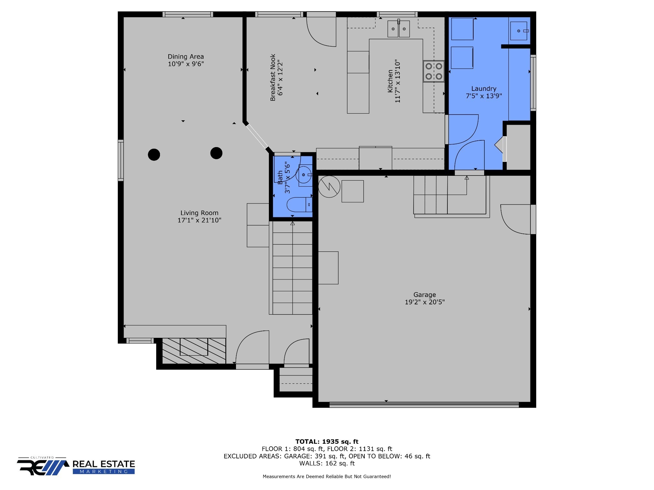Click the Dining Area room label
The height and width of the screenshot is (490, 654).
click(186, 56)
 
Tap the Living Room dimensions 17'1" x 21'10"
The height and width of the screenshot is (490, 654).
click(199, 220)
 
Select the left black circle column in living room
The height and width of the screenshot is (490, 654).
click(154, 155)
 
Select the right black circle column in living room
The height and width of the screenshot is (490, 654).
click(216, 153)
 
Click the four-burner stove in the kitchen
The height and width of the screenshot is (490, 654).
click(434, 71)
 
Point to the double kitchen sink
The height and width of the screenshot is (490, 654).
click(399, 29)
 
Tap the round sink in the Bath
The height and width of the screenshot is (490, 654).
click(303, 175)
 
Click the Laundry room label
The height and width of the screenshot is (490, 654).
click(484, 89)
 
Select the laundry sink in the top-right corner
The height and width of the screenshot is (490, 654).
click(519, 31)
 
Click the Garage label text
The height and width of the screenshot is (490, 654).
click(424, 295)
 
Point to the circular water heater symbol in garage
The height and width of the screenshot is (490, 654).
click(329, 187)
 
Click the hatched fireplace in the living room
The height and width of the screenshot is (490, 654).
click(194, 351)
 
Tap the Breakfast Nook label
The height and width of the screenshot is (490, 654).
click(273, 78)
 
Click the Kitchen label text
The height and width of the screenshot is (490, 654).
click(390, 81)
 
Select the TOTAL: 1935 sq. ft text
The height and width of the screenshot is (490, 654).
click(327, 442)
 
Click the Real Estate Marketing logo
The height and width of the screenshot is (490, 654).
click(76, 467)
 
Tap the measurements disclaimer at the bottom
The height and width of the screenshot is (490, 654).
click(327, 477)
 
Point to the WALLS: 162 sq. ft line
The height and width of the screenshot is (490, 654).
click(327, 463)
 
